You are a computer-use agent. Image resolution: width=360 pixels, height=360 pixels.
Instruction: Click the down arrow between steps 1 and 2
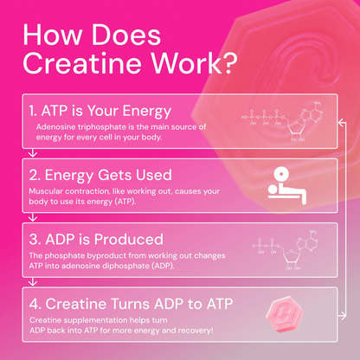pos(32,152)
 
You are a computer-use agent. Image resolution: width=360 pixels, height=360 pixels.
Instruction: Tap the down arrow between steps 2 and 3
pos(32,215)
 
